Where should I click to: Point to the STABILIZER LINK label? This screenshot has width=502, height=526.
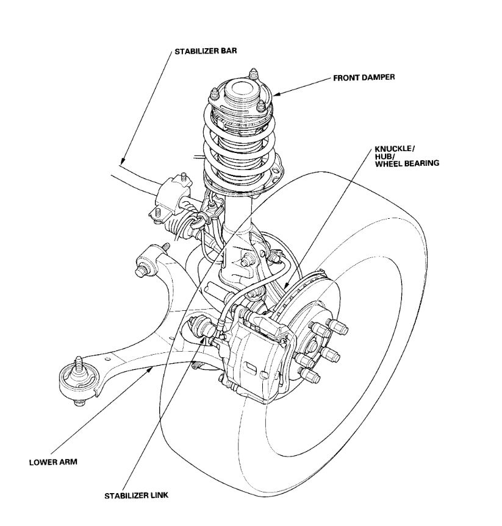click(x=135, y=495)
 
